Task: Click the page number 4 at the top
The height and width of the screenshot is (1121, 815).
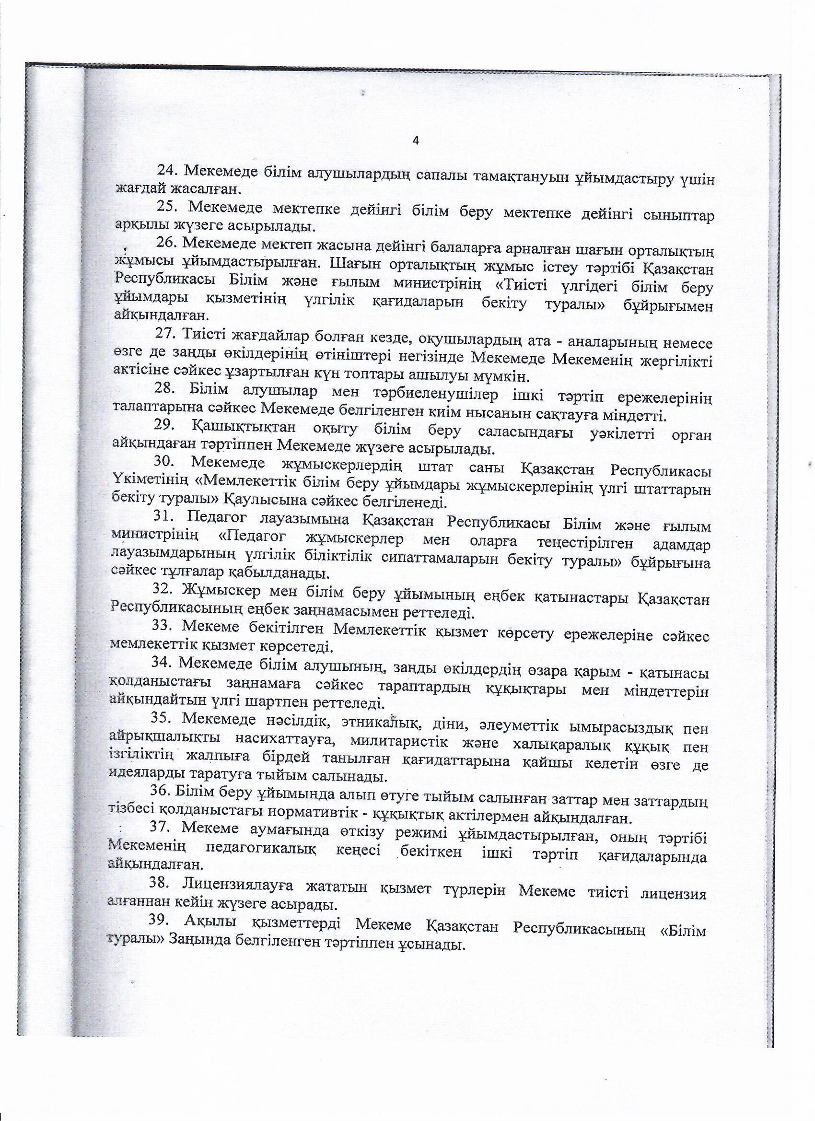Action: (x=416, y=141)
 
